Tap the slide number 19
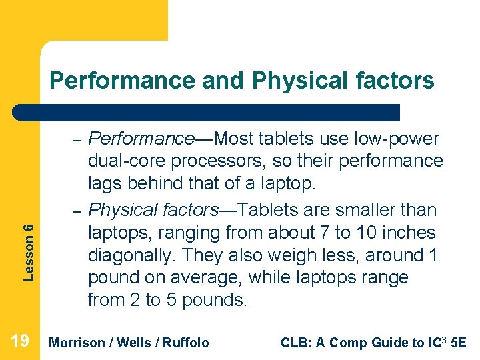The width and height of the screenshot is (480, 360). pos(20,342)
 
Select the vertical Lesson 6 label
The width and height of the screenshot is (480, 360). pos(29,251)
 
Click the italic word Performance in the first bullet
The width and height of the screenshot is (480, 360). pos(141,139)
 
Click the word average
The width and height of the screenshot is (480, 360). pos(204,277)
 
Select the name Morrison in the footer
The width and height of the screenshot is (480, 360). pos(77,343)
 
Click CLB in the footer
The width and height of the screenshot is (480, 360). pos(294,343)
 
